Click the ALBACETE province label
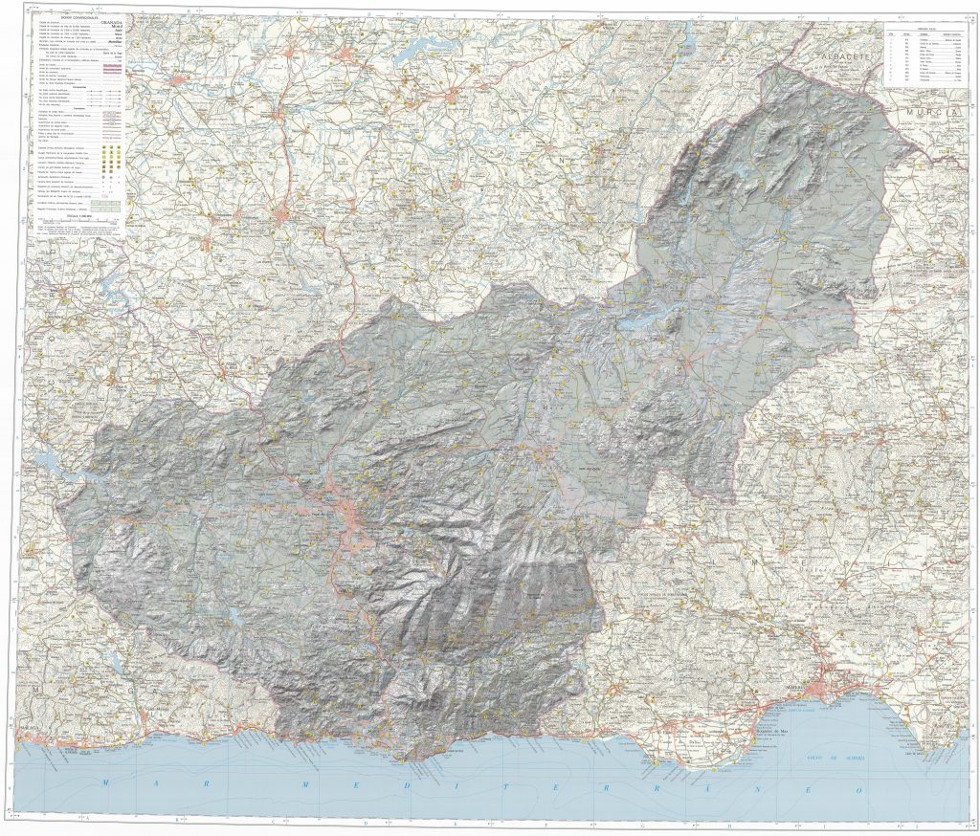842,58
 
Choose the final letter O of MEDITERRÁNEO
858,790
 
